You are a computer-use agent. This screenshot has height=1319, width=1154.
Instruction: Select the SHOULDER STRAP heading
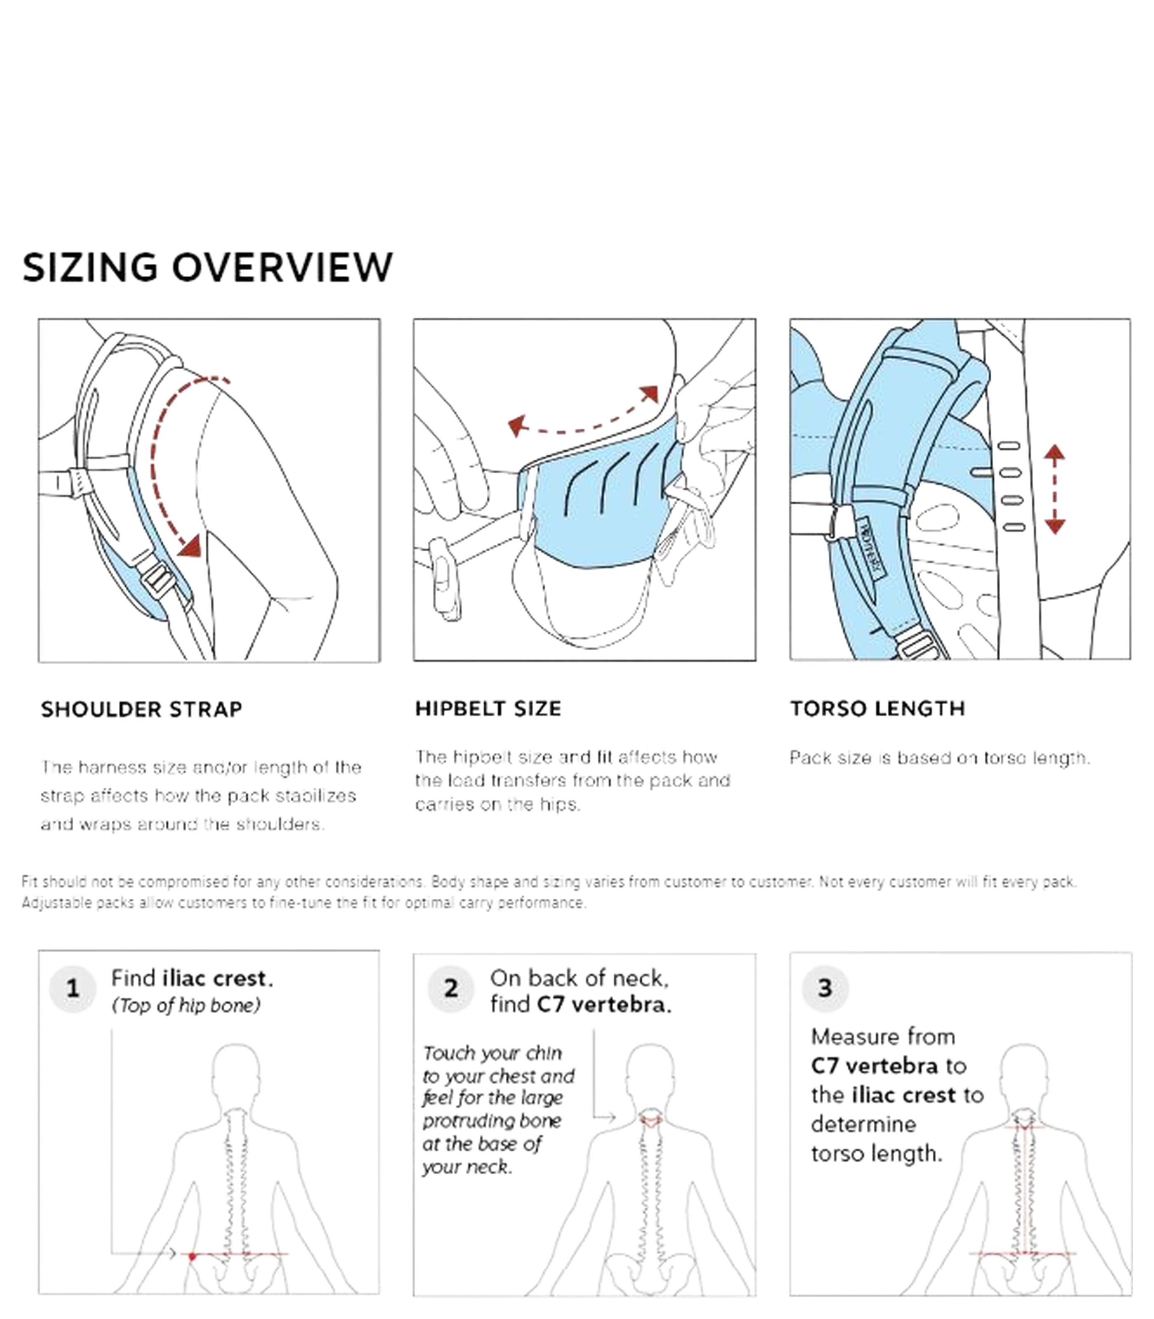[x=142, y=710]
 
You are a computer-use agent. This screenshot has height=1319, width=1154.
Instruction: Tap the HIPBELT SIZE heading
[x=488, y=709]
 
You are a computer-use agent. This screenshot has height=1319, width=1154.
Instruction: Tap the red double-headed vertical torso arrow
[x=1054, y=489]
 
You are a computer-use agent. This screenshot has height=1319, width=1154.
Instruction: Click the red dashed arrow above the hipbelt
[x=583, y=422]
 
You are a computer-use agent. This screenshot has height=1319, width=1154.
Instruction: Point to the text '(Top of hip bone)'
[x=186, y=1005]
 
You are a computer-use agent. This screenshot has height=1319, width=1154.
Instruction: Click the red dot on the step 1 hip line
[x=192, y=1256]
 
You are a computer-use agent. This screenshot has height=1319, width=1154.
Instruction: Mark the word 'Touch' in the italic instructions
[x=448, y=1054]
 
